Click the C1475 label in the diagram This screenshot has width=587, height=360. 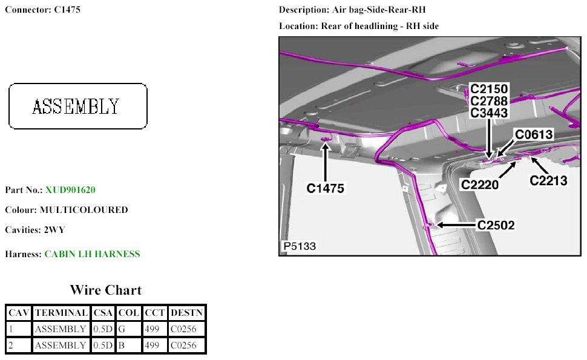pyautogui.click(x=325, y=188)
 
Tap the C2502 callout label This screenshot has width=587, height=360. pyautogui.click(x=496, y=225)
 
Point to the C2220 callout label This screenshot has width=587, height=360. pyautogui.click(x=480, y=185)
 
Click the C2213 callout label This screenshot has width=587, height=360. pyautogui.click(x=548, y=180)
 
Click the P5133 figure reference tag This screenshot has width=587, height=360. pyautogui.click(x=300, y=246)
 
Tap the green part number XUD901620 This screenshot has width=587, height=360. pyautogui.click(x=70, y=190)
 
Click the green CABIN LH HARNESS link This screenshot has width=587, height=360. pyautogui.click(x=92, y=254)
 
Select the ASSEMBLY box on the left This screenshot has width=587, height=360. pyautogui.click(x=77, y=106)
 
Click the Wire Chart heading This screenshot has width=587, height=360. pyautogui.click(x=105, y=290)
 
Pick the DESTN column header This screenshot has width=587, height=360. pyautogui.click(x=186, y=313)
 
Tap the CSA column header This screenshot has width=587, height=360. pyautogui.click(x=103, y=313)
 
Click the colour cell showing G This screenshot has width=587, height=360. pyautogui.click(x=128, y=329)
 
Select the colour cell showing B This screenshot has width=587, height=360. pyautogui.click(x=128, y=345)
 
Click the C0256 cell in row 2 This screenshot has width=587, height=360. pyautogui.click(x=183, y=345)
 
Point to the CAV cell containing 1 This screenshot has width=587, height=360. pyautogui.click(x=18, y=329)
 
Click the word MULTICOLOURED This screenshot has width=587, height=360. pyautogui.click(x=84, y=210)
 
